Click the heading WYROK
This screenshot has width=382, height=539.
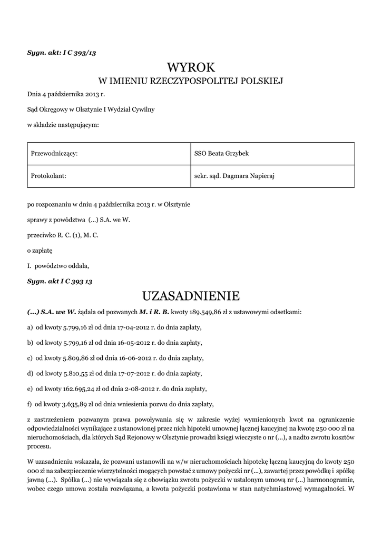point(191,67)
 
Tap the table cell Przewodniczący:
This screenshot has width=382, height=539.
point(55,153)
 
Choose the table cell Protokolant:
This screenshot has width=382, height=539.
point(48,176)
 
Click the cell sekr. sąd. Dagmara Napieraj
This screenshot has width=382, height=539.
point(234,176)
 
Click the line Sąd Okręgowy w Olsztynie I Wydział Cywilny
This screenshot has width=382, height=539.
point(91,109)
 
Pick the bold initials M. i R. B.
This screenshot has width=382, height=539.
point(153,312)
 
